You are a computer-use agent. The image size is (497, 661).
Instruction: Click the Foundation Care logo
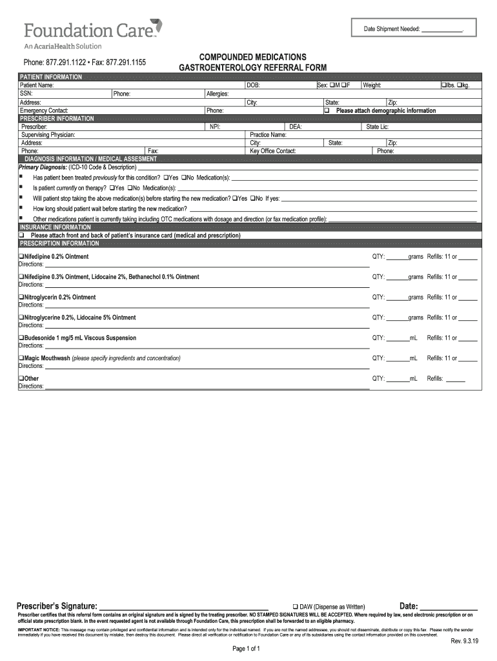93,30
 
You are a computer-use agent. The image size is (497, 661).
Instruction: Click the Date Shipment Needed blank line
441,29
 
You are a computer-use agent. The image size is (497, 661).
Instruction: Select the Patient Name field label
37,85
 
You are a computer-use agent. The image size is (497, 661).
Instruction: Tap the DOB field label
253,85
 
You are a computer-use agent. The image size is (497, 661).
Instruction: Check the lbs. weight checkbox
443,85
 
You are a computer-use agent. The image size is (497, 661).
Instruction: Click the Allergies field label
218,94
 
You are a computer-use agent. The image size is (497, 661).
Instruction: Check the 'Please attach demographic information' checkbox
327,110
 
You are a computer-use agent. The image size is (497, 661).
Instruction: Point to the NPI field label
216,127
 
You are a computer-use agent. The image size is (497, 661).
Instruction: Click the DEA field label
296,127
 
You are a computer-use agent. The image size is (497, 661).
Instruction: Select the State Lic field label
377,127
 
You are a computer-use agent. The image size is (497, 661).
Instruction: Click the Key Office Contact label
272,151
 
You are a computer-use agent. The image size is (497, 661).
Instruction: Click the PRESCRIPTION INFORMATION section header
59,244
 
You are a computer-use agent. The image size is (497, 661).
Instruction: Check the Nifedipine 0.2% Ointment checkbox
21,257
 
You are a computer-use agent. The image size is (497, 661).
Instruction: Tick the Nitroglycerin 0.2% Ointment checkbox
21,298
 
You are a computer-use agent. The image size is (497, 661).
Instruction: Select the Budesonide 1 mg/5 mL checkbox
21,338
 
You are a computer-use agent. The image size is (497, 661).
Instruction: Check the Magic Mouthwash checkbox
21,358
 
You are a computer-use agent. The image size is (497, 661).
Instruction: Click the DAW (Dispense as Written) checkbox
295,607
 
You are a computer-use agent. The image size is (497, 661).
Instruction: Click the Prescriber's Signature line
184,607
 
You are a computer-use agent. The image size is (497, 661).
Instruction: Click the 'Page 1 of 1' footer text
246,649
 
